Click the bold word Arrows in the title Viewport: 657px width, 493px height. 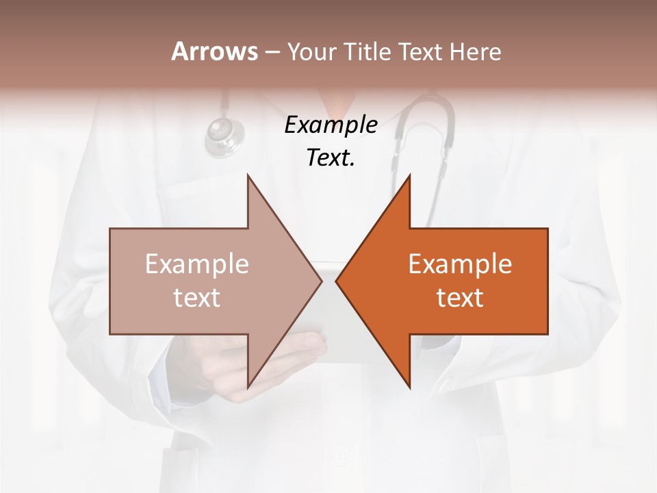(x=215, y=51)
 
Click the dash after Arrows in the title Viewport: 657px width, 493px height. (x=272, y=52)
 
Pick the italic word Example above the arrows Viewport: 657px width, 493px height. (x=331, y=125)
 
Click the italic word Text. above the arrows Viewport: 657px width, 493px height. (x=331, y=158)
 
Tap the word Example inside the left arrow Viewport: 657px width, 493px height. (x=197, y=264)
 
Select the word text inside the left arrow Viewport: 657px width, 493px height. (x=197, y=298)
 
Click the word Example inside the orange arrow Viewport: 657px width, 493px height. (x=460, y=264)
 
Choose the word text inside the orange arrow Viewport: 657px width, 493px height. (x=460, y=298)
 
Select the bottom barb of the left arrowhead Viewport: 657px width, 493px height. (x=248, y=385)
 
